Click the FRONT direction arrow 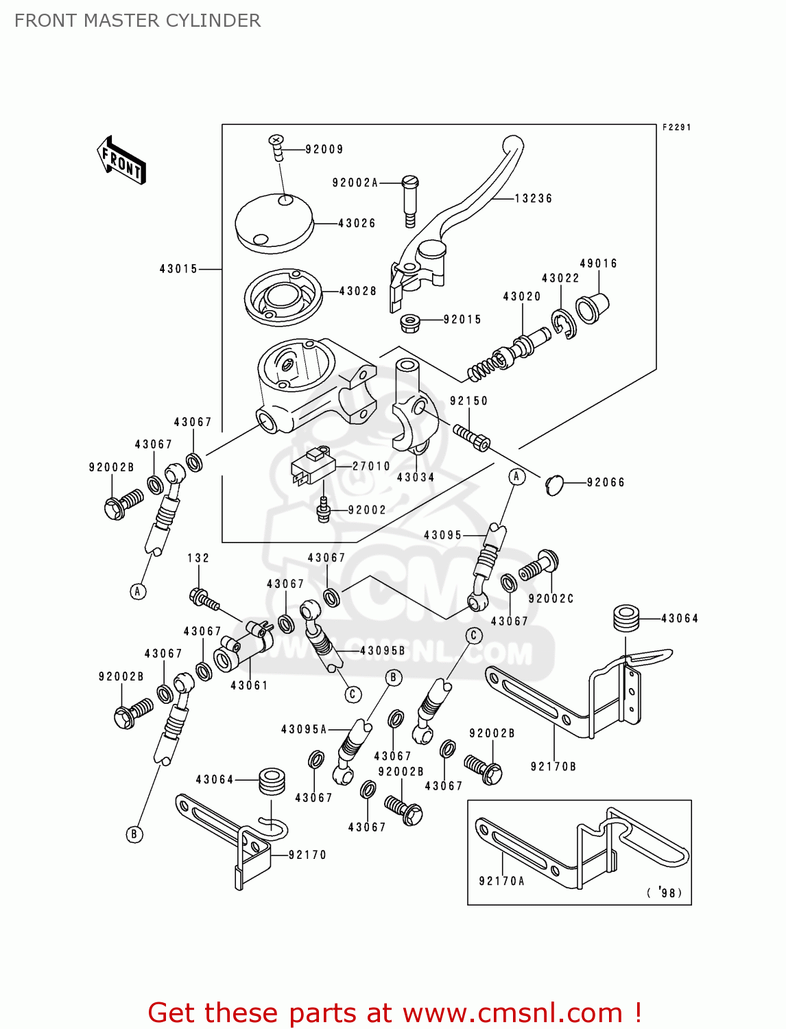pyautogui.click(x=122, y=161)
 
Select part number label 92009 pyautogui.click(x=324, y=150)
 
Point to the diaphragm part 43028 pyautogui.click(x=283, y=297)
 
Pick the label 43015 pyautogui.click(x=178, y=269)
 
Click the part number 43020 pyautogui.click(x=522, y=296)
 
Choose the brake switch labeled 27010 pyautogui.click(x=312, y=466)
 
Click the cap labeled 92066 pyautogui.click(x=554, y=484)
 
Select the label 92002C pyautogui.click(x=551, y=598)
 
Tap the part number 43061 pyautogui.click(x=249, y=685)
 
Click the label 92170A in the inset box pyautogui.click(x=501, y=881)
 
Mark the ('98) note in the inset pyautogui.click(x=665, y=892)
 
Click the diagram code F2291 pyautogui.click(x=676, y=128)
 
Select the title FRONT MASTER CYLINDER pyautogui.click(x=137, y=21)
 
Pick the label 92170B pyautogui.click(x=553, y=766)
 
